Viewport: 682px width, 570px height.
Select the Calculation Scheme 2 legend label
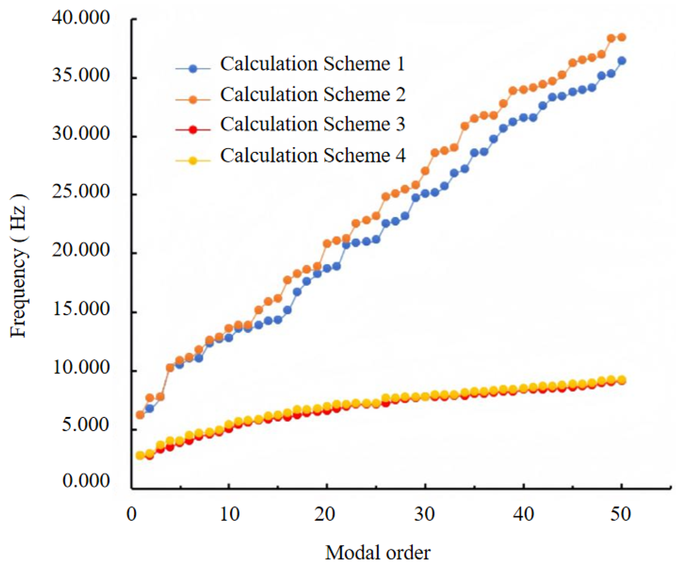tap(313, 95)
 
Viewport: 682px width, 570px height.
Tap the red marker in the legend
tap(193, 130)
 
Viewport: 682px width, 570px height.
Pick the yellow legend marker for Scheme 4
tap(193, 161)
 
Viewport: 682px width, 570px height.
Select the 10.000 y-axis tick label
tap(80, 367)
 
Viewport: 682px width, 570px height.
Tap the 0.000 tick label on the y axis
tap(86, 481)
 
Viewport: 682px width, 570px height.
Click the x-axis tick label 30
tap(425, 514)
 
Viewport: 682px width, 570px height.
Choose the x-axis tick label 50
tap(621, 514)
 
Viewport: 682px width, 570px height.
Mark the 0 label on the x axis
tap(131, 514)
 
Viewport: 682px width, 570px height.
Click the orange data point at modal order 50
tap(622, 37)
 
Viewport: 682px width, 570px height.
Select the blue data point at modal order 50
tap(622, 61)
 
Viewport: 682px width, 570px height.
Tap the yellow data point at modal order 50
tap(622, 380)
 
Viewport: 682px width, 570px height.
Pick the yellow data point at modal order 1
tap(140, 455)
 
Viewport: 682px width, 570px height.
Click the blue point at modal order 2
tap(150, 409)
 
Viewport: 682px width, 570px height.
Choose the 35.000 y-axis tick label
tap(80, 75)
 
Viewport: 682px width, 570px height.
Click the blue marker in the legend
tap(193, 69)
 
